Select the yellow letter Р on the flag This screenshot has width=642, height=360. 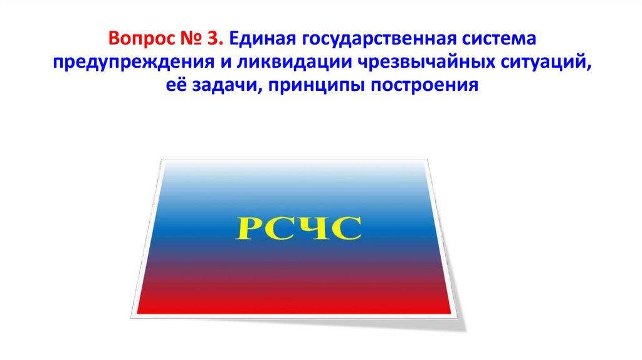coord(246,228)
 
